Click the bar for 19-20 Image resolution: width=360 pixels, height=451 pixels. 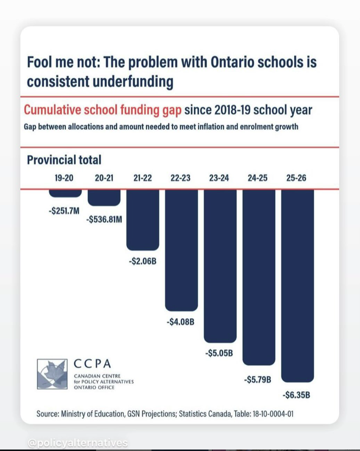click(64, 193)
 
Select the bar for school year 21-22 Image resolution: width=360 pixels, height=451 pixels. click(143, 219)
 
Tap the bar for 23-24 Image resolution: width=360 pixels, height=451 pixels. click(220, 265)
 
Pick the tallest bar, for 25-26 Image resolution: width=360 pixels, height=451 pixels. click(297, 285)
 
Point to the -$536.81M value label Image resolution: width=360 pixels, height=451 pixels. click(104, 219)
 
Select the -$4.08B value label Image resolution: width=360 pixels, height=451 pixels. click(181, 322)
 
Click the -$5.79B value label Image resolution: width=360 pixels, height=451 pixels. click(258, 380)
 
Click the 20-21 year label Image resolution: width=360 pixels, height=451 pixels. click(104, 178)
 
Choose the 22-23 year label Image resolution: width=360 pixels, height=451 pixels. click(181, 178)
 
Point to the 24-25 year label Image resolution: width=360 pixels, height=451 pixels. click(258, 178)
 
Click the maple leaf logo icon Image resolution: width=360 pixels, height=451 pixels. click(52, 374)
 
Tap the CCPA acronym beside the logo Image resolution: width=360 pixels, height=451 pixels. click(93, 364)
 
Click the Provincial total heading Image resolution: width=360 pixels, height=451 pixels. click(64, 160)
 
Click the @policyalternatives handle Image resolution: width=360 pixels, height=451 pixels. click(78, 443)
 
